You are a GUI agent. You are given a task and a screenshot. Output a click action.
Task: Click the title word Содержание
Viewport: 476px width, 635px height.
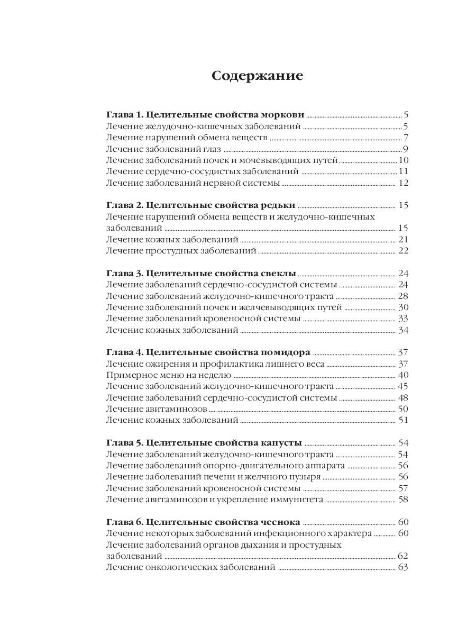click(x=257, y=76)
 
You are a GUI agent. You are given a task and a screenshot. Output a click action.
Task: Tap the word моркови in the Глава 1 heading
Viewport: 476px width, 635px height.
click(x=284, y=115)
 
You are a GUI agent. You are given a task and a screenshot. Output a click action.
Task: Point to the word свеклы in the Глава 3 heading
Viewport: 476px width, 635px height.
click(x=278, y=274)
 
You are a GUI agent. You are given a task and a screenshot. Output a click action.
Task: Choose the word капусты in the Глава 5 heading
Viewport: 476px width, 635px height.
click(x=281, y=442)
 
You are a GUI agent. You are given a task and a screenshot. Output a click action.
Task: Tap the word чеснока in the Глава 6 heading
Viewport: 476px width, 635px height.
click(x=280, y=522)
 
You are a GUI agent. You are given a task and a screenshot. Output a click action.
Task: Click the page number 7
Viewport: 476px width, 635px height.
click(x=405, y=138)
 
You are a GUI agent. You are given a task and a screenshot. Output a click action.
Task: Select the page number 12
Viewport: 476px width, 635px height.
click(x=404, y=184)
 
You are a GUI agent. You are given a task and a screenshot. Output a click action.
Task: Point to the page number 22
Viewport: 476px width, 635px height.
click(x=404, y=250)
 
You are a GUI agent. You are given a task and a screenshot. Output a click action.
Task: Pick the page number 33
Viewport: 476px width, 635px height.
click(x=404, y=319)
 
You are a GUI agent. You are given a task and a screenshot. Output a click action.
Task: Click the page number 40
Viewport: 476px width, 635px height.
click(x=404, y=375)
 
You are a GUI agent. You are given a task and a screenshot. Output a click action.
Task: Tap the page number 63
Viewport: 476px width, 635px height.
click(x=404, y=568)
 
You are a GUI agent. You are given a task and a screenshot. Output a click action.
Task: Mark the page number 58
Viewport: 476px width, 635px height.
click(x=404, y=500)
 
